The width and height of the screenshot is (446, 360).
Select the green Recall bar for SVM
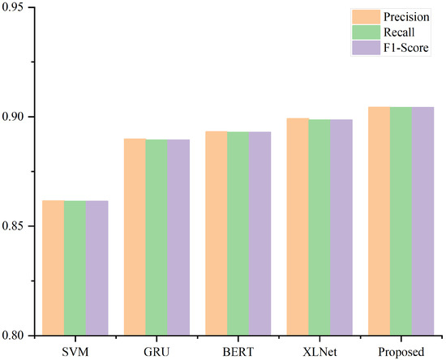(x=75, y=268)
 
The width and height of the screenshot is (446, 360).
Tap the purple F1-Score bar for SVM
(x=96, y=268)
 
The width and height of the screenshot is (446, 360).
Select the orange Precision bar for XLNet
(x=298, y=227)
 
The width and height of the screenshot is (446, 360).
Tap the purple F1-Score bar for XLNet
(x=341, y=228)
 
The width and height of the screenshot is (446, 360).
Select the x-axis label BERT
(x=238, y=350)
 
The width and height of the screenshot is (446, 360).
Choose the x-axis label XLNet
(x=319, y=350)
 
